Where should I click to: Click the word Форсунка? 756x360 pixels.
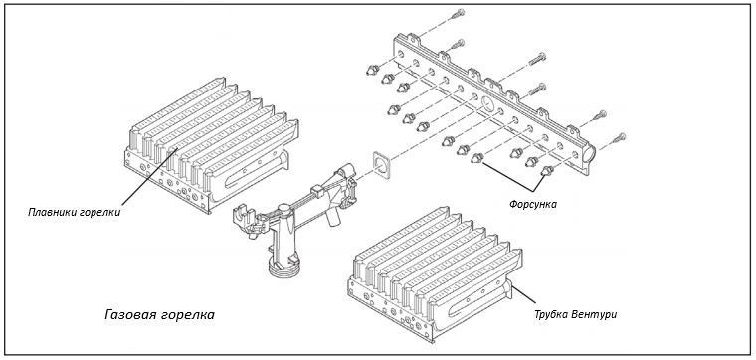[533, 204]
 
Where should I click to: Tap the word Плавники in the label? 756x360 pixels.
[49, 212]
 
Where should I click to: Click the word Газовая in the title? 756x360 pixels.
[128, 315]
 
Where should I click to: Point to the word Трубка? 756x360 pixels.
[551, 315]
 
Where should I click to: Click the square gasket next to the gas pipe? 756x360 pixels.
[381, 165]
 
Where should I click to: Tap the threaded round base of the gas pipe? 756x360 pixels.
[283, 268]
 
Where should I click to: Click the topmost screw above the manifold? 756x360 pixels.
[458, 14]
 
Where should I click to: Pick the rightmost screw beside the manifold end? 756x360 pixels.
[619, 138]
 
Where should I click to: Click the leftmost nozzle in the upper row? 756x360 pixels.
[372, 70]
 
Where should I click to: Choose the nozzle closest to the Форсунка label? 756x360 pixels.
[547, 171]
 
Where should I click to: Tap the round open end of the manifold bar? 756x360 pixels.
[589, 155]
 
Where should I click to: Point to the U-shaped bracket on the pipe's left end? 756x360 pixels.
[243, 213]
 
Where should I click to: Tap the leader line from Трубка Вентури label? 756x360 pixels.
[524, 295]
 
